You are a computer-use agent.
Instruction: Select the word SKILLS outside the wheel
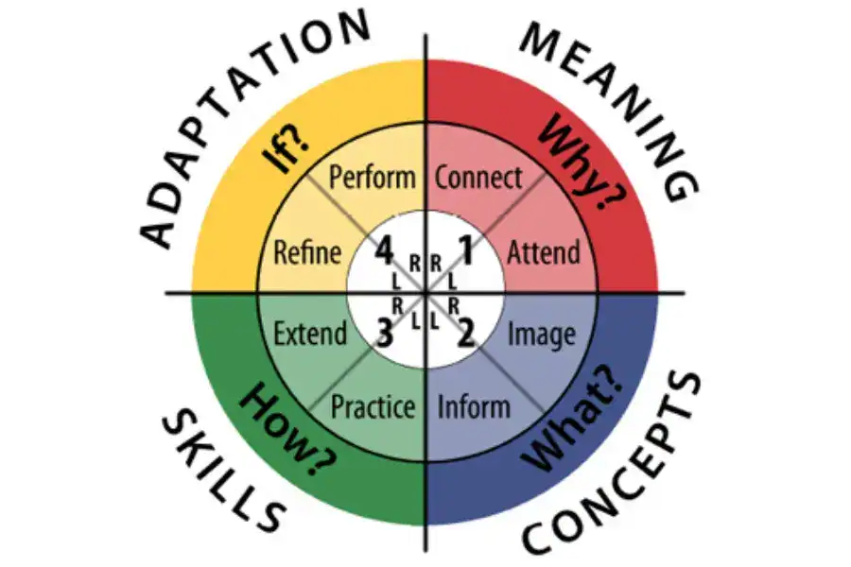coord(222,470)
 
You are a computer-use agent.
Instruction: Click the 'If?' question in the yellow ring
coord(286,152)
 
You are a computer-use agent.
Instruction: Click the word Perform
coord(373,178)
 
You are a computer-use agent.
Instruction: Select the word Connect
coord(478,178)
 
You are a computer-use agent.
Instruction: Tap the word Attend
coord(544,253)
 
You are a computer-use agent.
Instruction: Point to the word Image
coord(541,335)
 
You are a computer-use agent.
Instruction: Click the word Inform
coord(474,407)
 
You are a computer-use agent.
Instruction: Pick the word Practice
coord(373,407)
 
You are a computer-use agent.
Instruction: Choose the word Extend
coord(310,334)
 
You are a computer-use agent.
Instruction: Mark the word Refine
coord(307,253)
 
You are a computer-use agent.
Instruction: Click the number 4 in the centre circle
coord(384,250)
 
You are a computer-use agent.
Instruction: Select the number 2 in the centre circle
coord(465,334)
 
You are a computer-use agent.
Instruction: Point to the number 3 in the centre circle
coord(384,334)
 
